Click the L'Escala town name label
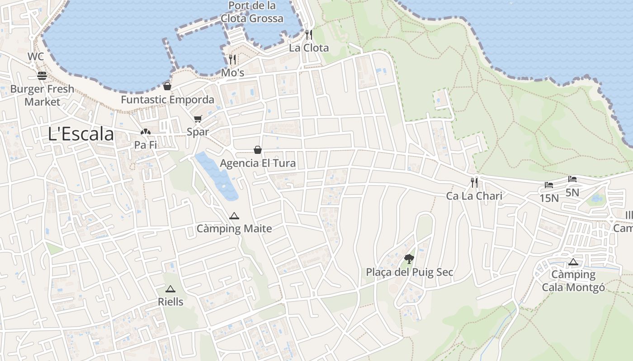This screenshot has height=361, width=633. (x=81, y=134)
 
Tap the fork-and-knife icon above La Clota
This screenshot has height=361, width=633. (x=309, y=34)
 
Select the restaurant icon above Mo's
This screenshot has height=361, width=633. (x=232, y=59)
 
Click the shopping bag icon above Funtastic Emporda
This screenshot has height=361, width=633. (x=167, y=86)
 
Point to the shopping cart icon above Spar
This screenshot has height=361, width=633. (x=198, y=119)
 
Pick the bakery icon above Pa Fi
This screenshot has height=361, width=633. (x=145, y=132)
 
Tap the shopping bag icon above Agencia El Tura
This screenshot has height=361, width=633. (x=258, y=149)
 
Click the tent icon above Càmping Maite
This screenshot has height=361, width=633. (x=234, y=216)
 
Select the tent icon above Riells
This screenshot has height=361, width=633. (x=170, y=289)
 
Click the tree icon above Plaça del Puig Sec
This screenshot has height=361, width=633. (x=409, y=259)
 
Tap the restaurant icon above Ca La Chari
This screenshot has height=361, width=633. (x=474, y=182)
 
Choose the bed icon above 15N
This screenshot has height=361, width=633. (x=549, y=185)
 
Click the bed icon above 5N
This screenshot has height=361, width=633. (x=572, y=179)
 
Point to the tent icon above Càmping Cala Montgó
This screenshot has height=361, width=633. (x=573, y=262)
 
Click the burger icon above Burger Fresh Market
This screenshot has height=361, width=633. (x=42, y=75)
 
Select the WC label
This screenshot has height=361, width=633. (x=36, y=56)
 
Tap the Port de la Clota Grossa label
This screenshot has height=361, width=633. (x=252, y=12)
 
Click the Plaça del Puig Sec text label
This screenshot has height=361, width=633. (x=410, y=273)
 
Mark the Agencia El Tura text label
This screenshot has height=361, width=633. (x=258, y=163)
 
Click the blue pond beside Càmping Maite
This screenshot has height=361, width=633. (x=217, y=176)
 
